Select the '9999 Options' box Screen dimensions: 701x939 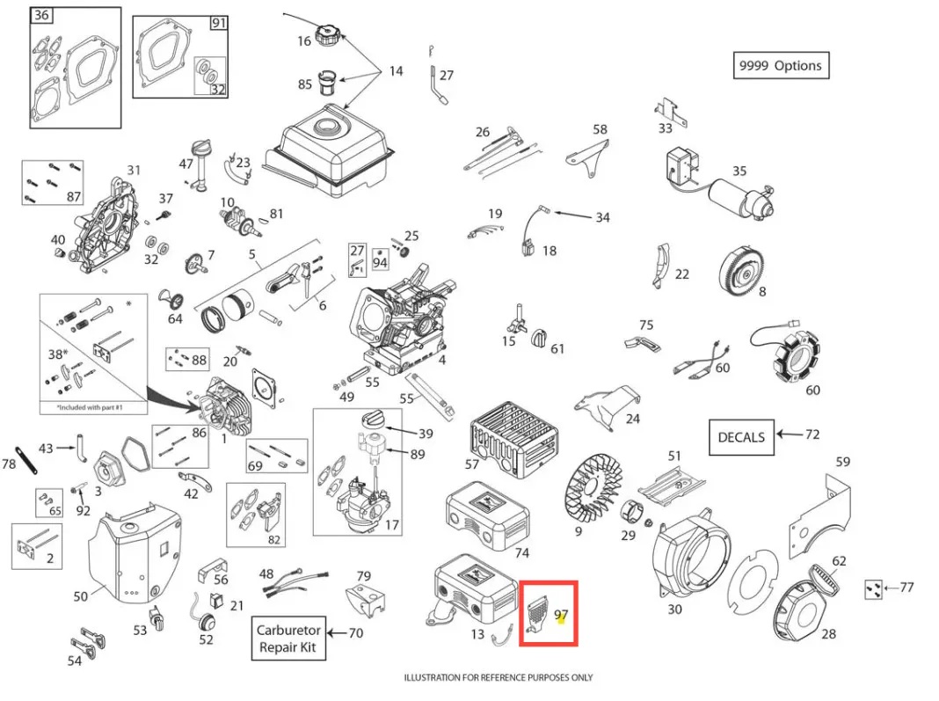(x=781, y=65)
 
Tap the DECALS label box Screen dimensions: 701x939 (x=741, y=436)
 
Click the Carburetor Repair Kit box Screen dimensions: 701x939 (x=288, y=639)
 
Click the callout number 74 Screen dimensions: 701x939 (x=521, y=552)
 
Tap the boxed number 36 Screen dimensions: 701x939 (x=40, y=15)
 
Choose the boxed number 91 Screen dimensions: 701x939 (x=218, y=23)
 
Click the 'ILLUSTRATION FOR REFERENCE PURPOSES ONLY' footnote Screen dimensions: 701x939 (x=499, y=677)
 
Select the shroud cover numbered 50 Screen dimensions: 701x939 (x=132, y=554)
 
